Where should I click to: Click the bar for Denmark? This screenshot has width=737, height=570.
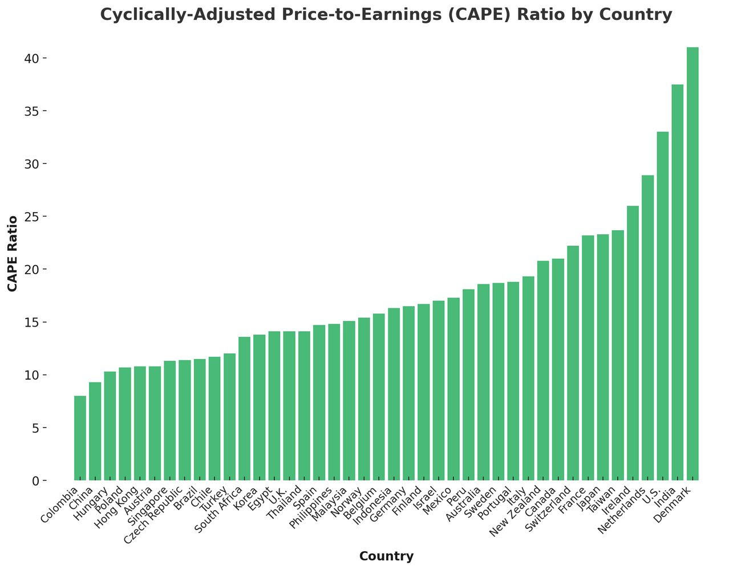coord(693,264)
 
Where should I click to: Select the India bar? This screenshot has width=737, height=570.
coord(677,282)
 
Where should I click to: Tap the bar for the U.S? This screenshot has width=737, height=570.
coord(662,306)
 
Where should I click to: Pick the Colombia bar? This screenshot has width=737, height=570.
coord(80,438)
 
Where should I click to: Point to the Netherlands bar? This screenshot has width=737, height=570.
coord(647,328)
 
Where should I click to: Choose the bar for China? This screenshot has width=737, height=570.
coord(95,431)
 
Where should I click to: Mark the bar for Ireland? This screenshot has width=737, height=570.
coord(633,343)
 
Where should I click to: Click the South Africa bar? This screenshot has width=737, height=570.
coord(244,408)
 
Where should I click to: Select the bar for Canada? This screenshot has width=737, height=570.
coord(558,369)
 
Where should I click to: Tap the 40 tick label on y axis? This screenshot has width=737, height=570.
coord(31,58)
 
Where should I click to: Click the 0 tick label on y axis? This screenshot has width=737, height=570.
coord(35,481)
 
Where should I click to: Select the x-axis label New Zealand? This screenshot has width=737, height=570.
coord(515,511)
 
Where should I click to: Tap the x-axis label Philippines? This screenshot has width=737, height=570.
coord(310,508)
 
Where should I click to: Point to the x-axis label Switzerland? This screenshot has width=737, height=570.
coord(548,510)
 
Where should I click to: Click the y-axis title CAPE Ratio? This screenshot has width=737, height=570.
coord(12,254)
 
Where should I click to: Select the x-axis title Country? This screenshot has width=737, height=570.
coord(386,556)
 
